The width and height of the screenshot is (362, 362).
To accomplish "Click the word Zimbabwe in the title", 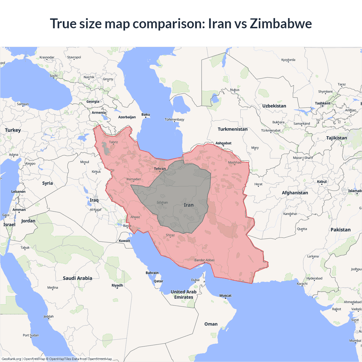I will [281, 23].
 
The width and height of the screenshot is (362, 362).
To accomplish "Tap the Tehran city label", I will [160, 169].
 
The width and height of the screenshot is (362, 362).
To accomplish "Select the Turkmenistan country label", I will [232, 129].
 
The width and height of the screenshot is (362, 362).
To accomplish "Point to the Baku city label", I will [146, 115].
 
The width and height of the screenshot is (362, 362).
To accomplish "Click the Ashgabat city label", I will [223, 143].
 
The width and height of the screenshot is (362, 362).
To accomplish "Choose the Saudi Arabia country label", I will [77, 278].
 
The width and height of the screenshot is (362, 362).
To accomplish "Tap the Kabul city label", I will [322, 182].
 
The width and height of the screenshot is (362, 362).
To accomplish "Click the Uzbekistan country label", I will [274, 106].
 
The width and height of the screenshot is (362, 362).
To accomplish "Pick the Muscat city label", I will [225, 296].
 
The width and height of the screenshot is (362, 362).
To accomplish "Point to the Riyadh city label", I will [117, 285].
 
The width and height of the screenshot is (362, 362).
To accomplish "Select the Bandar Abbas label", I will [204, 260].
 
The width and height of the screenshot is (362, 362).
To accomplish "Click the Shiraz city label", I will [170, 235].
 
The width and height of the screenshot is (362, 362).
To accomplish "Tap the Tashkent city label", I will [322, 103].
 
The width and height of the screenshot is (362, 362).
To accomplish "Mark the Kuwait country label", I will [124, 241].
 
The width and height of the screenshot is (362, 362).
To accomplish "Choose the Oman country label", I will [211, 324].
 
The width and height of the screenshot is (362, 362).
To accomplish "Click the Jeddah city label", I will [49, 316].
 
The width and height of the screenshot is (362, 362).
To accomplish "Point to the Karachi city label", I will [302, 284].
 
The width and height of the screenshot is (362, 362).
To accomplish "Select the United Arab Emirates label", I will [184, 294].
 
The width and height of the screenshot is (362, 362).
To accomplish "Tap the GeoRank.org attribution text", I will [11, 359].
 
